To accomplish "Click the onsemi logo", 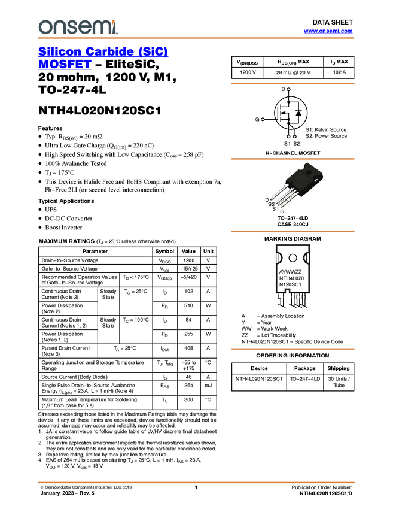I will point(78,27).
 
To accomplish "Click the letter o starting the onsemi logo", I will point(44,28).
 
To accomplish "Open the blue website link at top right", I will point(328,31).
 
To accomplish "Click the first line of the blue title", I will point(103,51).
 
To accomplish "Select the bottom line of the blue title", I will point(64,68).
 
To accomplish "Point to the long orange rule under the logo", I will point(196,38).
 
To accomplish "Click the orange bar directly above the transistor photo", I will point(293,159).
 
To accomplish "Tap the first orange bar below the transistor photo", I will point(293,231).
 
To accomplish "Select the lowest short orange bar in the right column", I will point(293,349).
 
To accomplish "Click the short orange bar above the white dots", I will point(293,83).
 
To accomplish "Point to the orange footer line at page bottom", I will point(196,482).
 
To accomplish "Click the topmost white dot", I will point(288,89).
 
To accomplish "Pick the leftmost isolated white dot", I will point(261,119).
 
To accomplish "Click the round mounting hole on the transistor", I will point(309,172).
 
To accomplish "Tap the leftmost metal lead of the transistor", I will point(277,194).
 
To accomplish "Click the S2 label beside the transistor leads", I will point(272,204).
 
